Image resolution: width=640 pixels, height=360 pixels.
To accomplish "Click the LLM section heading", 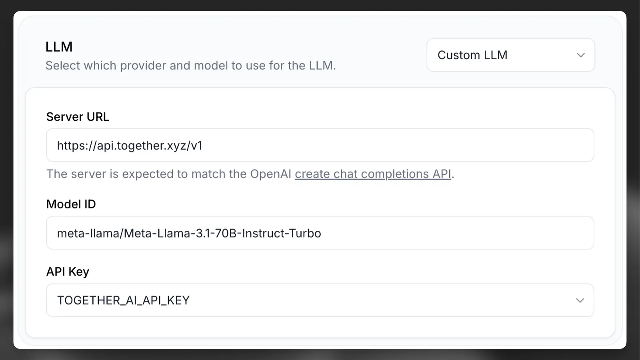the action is [59, 47].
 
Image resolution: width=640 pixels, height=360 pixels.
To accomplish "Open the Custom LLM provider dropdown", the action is [510, 55].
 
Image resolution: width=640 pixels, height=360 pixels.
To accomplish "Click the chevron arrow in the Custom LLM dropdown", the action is [580, 55].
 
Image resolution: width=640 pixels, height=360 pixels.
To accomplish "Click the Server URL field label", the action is [78, 117].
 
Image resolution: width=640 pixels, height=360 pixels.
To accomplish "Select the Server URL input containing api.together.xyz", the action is [320, 145].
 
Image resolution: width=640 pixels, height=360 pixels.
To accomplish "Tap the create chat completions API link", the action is [373, 174].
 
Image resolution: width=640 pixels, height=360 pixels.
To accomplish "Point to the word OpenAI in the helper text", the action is [270, 174].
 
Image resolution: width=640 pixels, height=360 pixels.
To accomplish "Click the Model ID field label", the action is [71, 204].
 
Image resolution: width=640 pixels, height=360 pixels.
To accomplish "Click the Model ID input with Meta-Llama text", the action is [320, 233].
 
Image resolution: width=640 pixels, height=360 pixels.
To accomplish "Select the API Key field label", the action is [68, 272].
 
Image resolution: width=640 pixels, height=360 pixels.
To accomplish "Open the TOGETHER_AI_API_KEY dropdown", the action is [320, 300].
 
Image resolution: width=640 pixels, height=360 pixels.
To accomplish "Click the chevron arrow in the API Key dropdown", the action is [580, 300].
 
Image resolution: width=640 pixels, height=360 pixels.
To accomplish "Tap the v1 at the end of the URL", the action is [196, 146].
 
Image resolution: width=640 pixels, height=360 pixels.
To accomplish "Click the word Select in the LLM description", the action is [62, 66].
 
